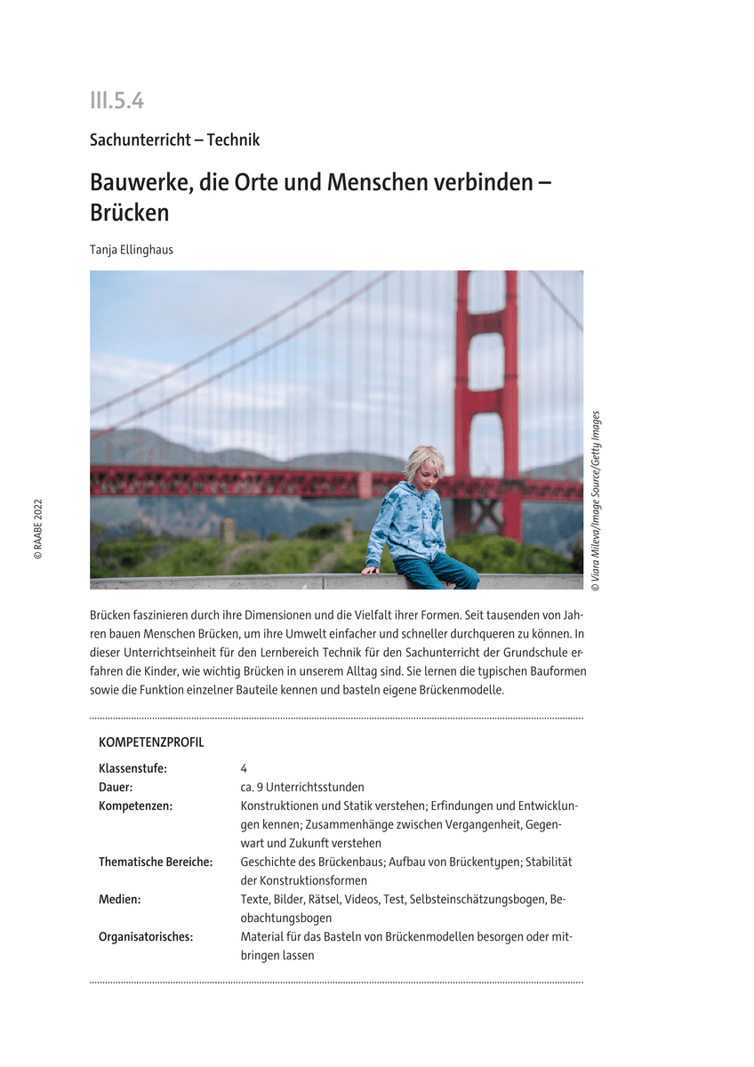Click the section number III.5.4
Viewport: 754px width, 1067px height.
[116, 101]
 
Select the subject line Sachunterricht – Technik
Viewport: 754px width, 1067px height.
[174, 140]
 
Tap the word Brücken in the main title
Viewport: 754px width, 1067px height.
[129, 213]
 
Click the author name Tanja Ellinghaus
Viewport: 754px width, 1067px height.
[132, 250]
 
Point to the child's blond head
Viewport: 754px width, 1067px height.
[424, 462]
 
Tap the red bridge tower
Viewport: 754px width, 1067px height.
[486, 373]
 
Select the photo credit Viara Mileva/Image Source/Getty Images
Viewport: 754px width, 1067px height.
[596, 501]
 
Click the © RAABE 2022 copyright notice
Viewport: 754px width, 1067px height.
[38, 528]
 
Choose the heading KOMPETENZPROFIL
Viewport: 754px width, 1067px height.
[151, 742]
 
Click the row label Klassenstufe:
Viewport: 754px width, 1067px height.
[132, 768]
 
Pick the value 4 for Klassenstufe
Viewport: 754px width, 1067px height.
[244, 768]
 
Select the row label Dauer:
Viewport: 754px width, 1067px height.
[116, 787]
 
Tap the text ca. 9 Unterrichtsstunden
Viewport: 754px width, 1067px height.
[302, 787]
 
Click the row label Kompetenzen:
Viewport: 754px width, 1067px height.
[135, 806]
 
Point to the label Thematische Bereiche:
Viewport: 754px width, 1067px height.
[156, 862]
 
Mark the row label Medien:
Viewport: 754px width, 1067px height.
[120, 899]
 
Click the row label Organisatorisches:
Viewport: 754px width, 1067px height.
[146, 936]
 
